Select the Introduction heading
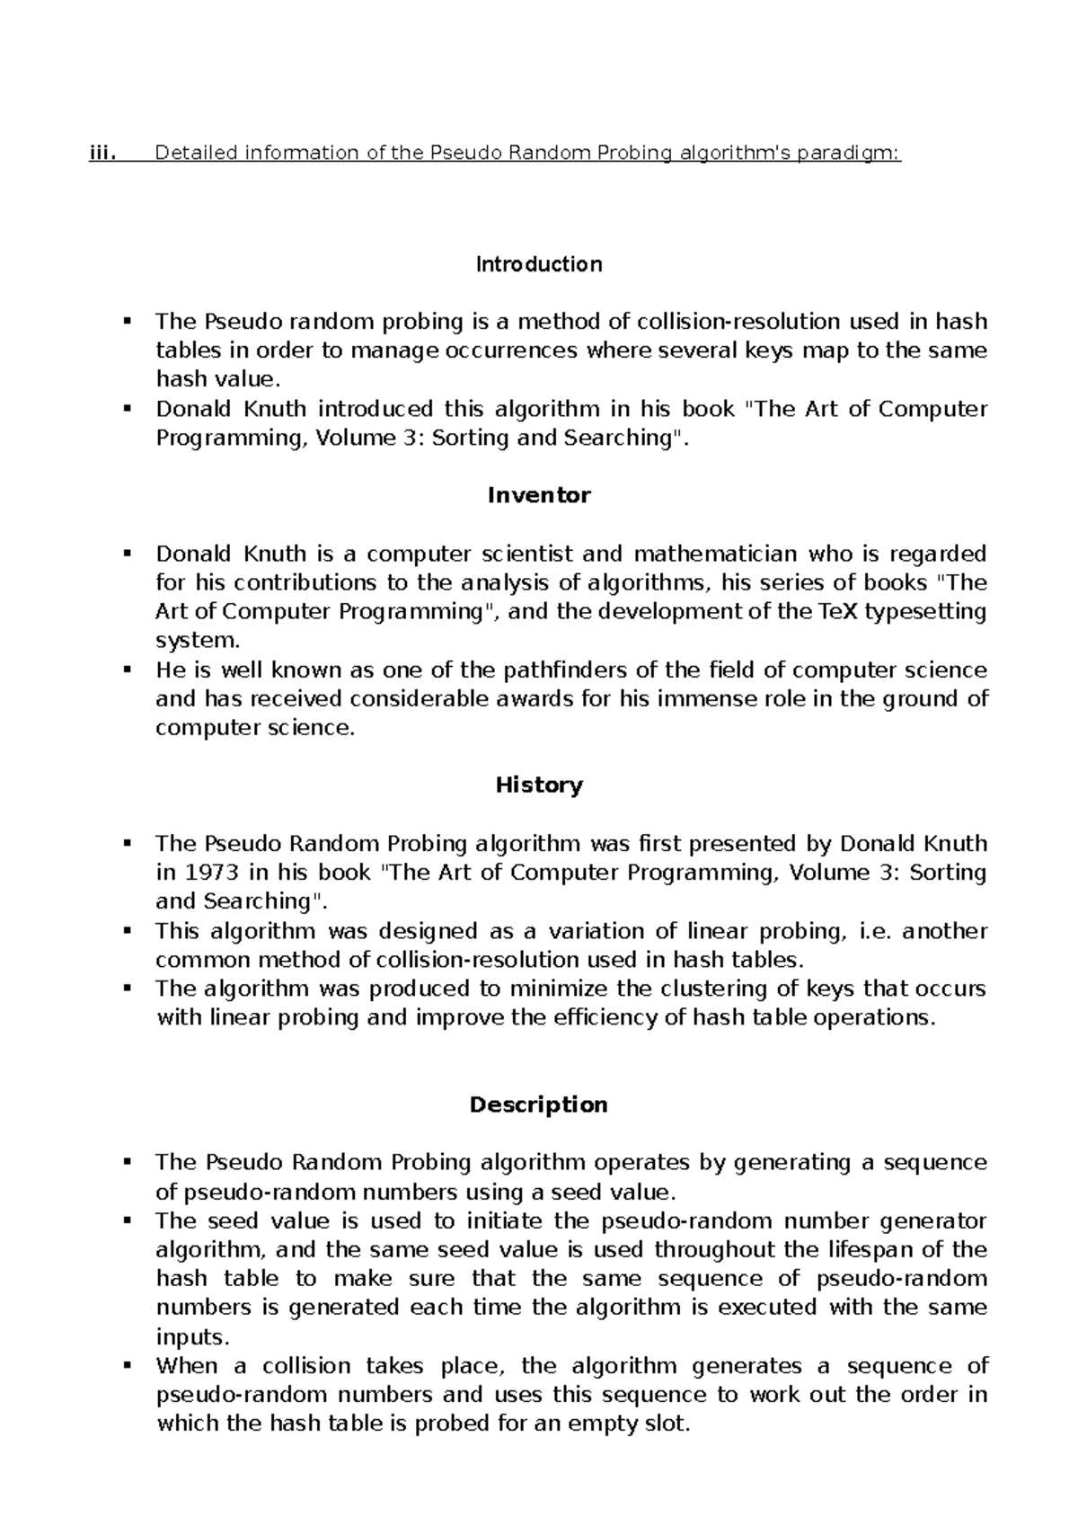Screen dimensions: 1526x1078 click(538, 264)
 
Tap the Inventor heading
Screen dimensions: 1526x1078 click(538, 495)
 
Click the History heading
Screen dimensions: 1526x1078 click(538, 785)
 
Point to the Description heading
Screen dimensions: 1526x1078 click(538, 1105)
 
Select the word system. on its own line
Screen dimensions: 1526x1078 click(198, 641)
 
